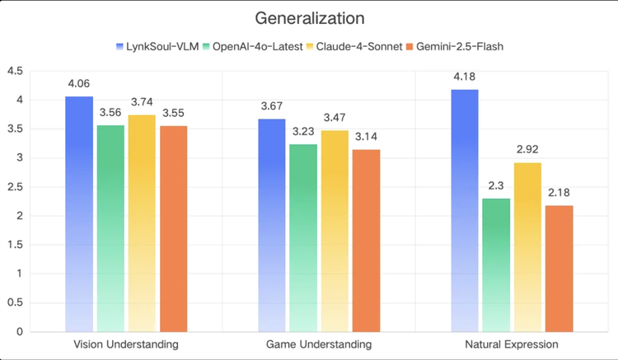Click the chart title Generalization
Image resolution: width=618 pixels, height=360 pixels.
tap(309, 17)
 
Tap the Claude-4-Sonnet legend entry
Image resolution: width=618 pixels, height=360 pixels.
tap(356, 46)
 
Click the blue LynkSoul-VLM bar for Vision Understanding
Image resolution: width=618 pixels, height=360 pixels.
tap(79, 213)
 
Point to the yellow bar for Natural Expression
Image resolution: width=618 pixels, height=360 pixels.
tap(527, 246)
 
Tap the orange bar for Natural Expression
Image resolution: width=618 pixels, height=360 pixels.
tap(558, 268)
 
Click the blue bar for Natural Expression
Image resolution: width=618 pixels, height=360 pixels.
tap(465, 210)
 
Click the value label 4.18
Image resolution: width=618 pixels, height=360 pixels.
tap(465, 77)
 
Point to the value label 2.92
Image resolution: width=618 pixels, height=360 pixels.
tap(527, 151)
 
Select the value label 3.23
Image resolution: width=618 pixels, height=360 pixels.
tap(303, 133)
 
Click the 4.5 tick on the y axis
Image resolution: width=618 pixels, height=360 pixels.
tap(15, 71)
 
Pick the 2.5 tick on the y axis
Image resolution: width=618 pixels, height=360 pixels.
tap(15, 187)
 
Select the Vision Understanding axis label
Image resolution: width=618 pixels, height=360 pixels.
tap(126, 344)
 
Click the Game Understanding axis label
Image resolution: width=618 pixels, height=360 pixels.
tap(319, 344)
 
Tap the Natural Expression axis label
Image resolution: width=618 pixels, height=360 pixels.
tap(512, 344)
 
